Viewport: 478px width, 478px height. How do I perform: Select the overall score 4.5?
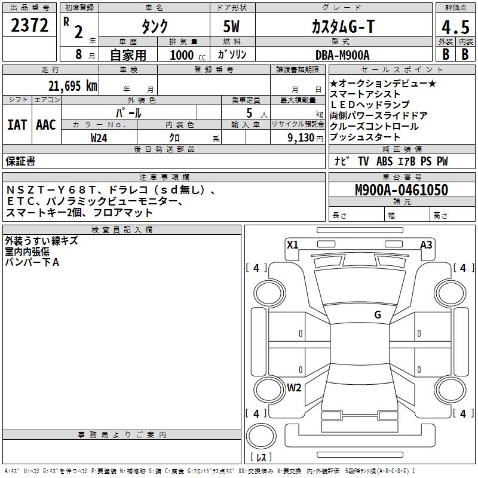tap(455, 27)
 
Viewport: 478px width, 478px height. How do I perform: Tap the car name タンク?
tap(154, 26)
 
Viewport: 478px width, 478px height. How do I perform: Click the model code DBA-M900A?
tap(342, 55)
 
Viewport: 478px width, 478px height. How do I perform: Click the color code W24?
tap(99, 137)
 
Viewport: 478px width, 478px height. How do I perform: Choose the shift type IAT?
tap(17, 125)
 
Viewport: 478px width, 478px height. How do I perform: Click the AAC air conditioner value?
tap(45, 125)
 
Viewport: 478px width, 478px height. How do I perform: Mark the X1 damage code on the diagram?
tap(292, 244)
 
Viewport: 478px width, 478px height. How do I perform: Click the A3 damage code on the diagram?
tap(426, 244)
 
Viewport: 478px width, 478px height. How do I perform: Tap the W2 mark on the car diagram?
tap(294, 387)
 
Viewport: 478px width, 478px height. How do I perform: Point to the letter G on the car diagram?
tap(377, 315)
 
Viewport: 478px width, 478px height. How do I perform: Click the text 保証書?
tap(20, 161)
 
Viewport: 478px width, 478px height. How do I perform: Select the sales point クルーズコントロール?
tap(374, 127)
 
